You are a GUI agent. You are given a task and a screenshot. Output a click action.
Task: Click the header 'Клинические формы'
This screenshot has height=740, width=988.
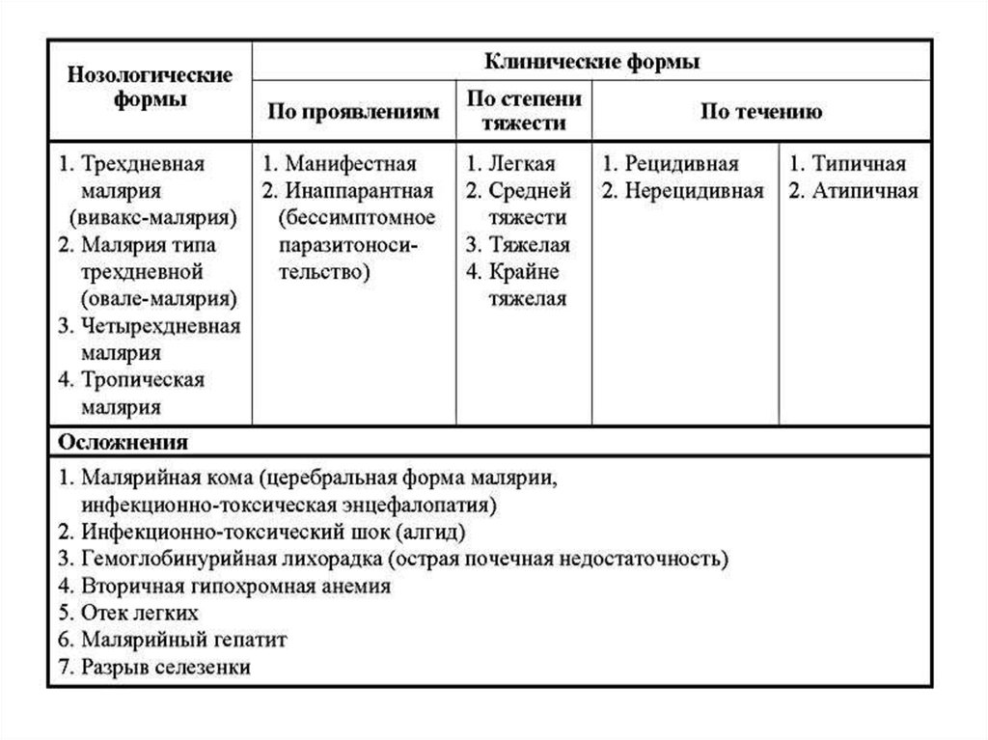pos(592,63)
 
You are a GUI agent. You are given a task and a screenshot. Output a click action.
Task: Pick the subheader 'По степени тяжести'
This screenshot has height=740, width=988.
pos(524,111)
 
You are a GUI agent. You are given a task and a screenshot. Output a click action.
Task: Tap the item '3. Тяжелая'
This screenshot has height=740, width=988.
pos(517,244)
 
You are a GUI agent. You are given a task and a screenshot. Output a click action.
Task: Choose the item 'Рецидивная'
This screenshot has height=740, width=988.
pos(680,163)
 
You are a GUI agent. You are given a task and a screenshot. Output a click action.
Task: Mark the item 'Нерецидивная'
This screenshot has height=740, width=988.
pos(693,190)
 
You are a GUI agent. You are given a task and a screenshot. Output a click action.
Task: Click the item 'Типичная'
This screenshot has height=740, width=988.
pos(858,163)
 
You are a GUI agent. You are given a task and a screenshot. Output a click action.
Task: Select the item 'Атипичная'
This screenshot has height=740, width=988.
pos(864,190)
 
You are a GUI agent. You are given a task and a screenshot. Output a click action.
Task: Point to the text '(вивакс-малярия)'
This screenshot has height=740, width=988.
pos(158,217)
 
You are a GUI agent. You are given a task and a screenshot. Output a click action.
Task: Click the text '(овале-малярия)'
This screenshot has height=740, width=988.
pos(160,298)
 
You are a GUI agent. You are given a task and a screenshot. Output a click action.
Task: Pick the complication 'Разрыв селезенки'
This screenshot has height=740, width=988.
pos(166,667)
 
